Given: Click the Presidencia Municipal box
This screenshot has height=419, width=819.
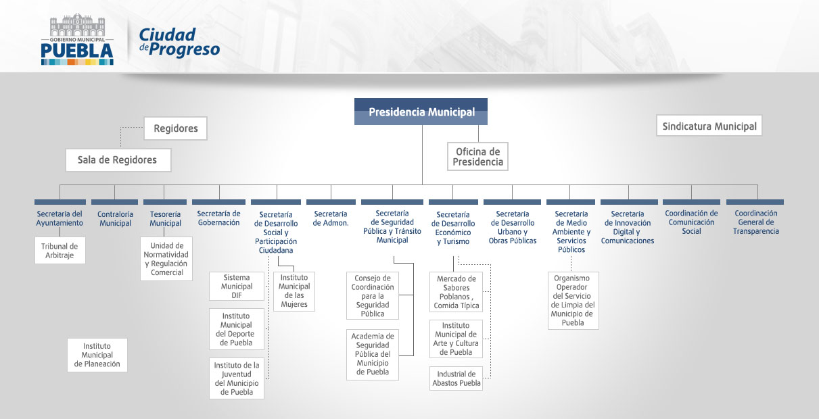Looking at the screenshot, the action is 421,112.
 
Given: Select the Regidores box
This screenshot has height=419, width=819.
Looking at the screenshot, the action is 176,128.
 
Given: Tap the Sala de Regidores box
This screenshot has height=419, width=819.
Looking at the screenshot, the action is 118,160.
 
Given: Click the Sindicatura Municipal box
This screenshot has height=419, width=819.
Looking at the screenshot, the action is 709,126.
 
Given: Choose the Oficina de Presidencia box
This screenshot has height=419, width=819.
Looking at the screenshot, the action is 477,157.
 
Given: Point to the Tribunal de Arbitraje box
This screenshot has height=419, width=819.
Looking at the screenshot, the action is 60,251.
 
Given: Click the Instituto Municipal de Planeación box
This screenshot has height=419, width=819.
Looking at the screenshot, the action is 97,355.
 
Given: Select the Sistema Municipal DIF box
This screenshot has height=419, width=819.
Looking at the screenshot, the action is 237,287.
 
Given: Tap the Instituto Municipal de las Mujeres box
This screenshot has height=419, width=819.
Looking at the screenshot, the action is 294,291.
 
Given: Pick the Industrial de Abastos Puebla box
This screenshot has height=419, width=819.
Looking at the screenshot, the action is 457,378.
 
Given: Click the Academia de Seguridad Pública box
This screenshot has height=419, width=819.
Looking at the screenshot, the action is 373,354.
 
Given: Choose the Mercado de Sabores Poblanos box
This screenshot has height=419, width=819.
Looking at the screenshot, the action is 457,292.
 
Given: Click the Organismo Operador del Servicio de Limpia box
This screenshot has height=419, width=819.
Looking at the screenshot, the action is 573,301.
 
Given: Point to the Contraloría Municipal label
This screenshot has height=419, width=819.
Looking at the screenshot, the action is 115,218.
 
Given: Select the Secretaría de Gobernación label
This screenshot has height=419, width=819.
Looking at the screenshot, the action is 218,218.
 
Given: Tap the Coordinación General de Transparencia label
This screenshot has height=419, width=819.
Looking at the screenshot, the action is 755,222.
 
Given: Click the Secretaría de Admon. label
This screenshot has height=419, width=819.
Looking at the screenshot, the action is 331,218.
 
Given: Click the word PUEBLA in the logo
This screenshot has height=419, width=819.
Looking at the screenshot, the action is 77,51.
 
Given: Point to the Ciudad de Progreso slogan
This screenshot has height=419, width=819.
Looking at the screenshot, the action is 179,43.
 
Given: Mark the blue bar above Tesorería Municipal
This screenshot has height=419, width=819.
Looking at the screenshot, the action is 165,202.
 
